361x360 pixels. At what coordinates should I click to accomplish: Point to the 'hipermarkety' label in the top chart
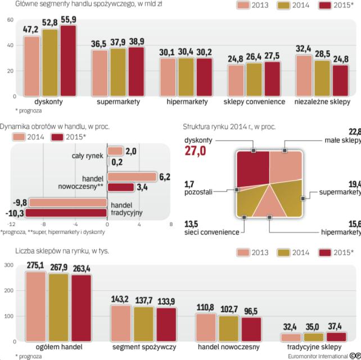click(x=187, y=102)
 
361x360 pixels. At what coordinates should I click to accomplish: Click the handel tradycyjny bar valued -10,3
click(x=66, y=213)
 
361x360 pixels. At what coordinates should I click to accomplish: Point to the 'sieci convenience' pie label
click(x=208, y=231)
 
